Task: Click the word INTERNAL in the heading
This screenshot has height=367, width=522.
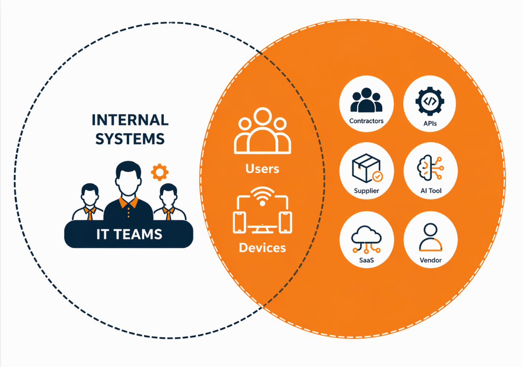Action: pyautogui.click(x=130, y=120)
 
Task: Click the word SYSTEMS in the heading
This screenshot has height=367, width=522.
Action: pyautogui.click(x=130, y=139)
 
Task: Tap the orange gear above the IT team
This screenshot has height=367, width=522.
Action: pyautogui.click(x=159, y=172)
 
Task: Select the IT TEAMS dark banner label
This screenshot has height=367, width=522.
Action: pyautogui.click(x=128, y=235)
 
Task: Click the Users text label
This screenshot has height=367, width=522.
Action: pyautogui.click(x=262, y=169)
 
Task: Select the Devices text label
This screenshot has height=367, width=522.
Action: pyautogui.click(x=262, y=248)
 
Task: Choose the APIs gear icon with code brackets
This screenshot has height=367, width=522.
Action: pyautogui.click(x=430, y=101)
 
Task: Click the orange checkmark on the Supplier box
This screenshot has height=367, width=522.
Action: pyautogui.click(x=378, y=177)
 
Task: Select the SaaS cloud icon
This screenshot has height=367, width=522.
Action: pyautogui.click(x=366, y=238)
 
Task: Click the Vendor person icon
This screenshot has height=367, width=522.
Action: pyautogui.click(x=430, y=238)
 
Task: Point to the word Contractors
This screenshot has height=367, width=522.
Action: pyautogui.click(x=366, y=121)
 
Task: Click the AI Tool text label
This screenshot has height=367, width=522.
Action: pyautogui.click(x=430, y=191)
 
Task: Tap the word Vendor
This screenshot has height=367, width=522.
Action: pyautogui.click(x=430, y=260)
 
